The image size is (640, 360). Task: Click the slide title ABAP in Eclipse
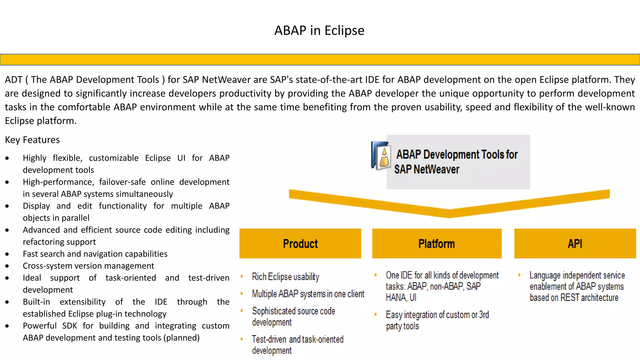click(x=319, y=31)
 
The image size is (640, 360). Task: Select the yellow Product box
click(x=300, y=243)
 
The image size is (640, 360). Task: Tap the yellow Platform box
click(x=437, y=243)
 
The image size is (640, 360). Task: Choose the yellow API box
click(x=575, y=243)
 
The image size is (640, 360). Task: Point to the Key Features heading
click(x=32, y=140)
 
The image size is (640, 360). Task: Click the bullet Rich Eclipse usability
click(x=285, y=277)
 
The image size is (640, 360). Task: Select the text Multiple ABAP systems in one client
click(x=308, y=294)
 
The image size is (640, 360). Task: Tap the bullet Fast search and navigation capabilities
click(x=95, y=254)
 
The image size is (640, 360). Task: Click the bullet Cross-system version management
click(x=88, y=266)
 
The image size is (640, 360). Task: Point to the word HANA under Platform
click(x=396, y=297)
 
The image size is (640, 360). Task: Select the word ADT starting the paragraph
click(x=13, y=80)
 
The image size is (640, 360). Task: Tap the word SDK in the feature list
click(x=69, y=326)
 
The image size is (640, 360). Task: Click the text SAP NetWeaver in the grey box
click(x=427, y=169)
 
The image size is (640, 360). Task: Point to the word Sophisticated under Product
click(x=274, y=311)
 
